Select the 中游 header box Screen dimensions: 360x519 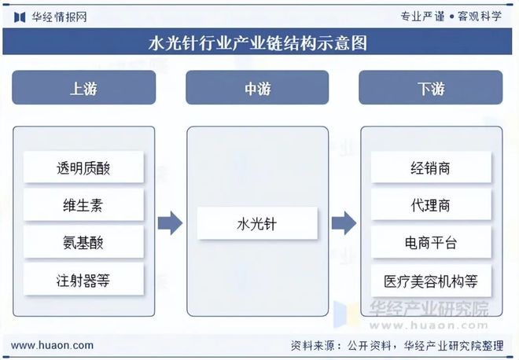pyautogui.click(x=257, y=88)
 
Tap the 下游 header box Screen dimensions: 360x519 pyautogui.click(x=431, y=88)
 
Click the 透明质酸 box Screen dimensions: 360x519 pyautogui.click(x=84, y=167)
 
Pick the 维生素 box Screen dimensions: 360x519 pyautogui.click(x=84, y=205)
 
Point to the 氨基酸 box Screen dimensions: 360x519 pyautogui.click(x=84, y=242)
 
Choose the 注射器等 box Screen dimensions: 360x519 pyautogui.click(x=84, y=280)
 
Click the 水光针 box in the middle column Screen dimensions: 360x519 pyautogui.click(x=257, y=223)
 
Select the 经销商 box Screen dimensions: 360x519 pyautogui.click(x=431, y=167)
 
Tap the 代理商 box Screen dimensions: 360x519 pyautogui.click(x=431, y=205)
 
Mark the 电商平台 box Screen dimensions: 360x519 pyautogui.click(x=431, y=242)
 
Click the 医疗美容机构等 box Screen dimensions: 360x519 pyautogui.click(x=431, y=280)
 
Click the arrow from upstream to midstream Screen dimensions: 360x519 pyautogui.click(x=170, y=223)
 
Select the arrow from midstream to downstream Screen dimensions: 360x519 pyautogui.click(x=344, y=223)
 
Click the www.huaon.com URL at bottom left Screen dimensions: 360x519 pyautogui.click(x=52, y=345)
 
